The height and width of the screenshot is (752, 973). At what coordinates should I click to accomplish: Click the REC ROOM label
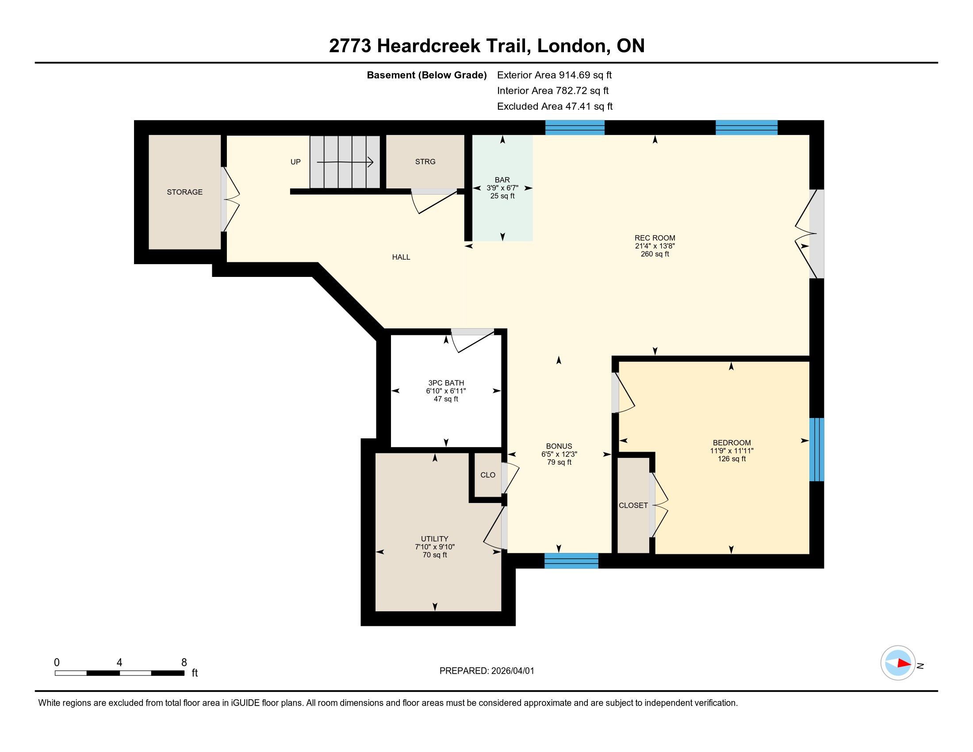point(655,238)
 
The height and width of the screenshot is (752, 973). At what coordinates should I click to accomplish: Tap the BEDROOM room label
point(732,443)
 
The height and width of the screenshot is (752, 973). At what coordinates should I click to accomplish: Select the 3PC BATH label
point(446,383)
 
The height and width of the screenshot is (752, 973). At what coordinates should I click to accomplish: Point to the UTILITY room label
point(434,539)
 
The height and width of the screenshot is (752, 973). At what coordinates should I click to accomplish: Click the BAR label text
point(502,180)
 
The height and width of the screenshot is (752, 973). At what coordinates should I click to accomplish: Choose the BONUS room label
point(559,446)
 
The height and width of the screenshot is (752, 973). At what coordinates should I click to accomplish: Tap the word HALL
point(401,257)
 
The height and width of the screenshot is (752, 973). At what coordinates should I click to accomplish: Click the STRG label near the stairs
point(425,162)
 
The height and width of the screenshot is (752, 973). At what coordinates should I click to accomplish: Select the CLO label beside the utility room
point(488,475)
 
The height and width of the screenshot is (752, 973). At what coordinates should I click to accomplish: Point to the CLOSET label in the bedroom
point(633,505)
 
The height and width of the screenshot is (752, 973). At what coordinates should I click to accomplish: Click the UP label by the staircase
point(295,162)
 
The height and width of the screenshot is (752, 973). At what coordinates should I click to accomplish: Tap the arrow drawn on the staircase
point(345,163)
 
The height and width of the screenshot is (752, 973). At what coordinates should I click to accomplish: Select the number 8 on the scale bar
point(184,663)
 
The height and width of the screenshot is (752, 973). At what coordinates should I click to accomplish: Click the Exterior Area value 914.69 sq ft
point(586,75)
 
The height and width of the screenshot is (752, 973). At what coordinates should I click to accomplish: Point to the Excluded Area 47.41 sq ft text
point(555,106)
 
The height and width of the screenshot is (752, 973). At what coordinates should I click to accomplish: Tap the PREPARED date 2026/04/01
point(512,671)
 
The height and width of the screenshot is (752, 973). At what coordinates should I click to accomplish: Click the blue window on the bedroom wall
point(816,449)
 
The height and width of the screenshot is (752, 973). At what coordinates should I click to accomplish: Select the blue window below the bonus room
point(571,561)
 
